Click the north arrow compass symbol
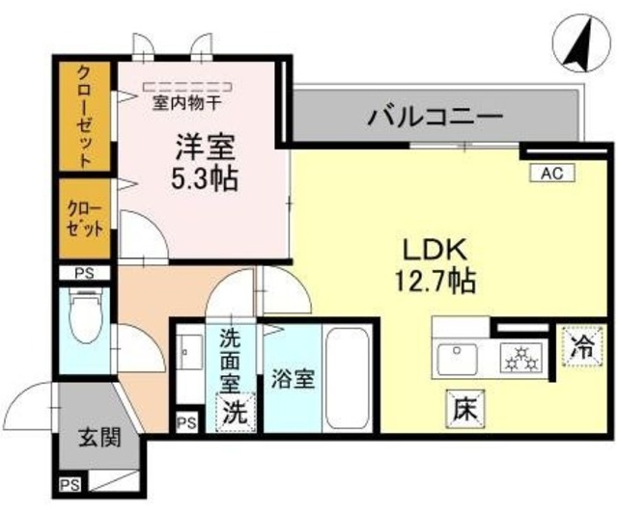pos(577,44)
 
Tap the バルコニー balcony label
pos(434,120)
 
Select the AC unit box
pos(551,173)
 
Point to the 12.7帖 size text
pos(435,282)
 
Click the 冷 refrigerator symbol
pos(583,344)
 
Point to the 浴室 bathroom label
pos(293,379)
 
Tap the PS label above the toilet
pos(84,273)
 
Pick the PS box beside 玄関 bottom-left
pos(70,485)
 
